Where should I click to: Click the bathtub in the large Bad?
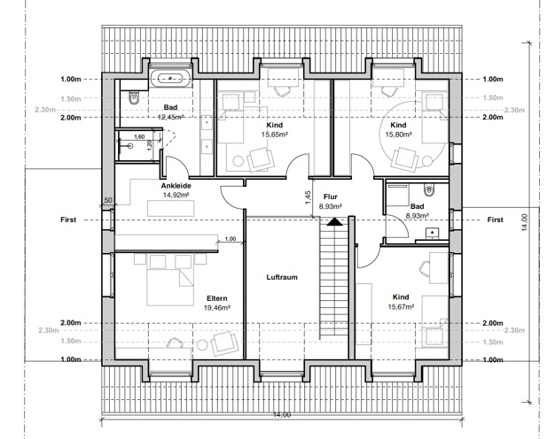[x=170, y=78]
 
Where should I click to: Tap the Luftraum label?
[x=282, y=277]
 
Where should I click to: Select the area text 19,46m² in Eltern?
[x=217, y=308]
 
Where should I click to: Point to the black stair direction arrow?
[x=334, y=221]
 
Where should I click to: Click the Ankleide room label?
[x=176, y=186]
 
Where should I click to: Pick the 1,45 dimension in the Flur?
[x=308, y=197]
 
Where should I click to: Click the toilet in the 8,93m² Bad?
[x=428, y=189]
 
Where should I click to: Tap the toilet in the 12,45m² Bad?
[x=134, y=98]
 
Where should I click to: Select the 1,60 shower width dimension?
[x=139, y=137]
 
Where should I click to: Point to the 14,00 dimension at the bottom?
[x=282, y=414]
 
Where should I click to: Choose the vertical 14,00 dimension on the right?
[x=525, y=222]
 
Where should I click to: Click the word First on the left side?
[x=68, y=219]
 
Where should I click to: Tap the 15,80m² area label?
[x=398, y=135]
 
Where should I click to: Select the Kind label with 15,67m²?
[x=401, y=297]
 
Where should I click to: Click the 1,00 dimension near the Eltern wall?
[x=231, y=239]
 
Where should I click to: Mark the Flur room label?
[x=330, y=196]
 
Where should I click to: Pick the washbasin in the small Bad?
[x=432, y=233]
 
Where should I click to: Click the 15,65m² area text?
[x=274, y=135]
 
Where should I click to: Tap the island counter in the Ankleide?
[x=170, y=208]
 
